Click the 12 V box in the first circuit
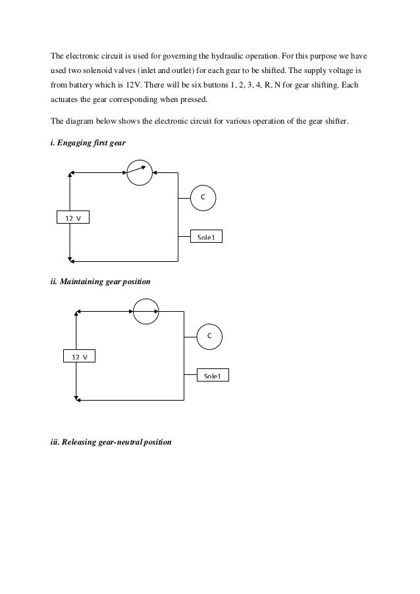pos(72,218)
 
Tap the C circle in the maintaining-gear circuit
pos(210,336)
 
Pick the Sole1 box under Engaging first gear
pos(206,237)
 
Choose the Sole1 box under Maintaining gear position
pos(213,376)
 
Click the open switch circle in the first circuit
pos(139,173)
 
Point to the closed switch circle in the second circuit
pos(146,311)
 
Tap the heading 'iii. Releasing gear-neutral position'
pos(111,443)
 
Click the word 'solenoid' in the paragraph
pos(105,68)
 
